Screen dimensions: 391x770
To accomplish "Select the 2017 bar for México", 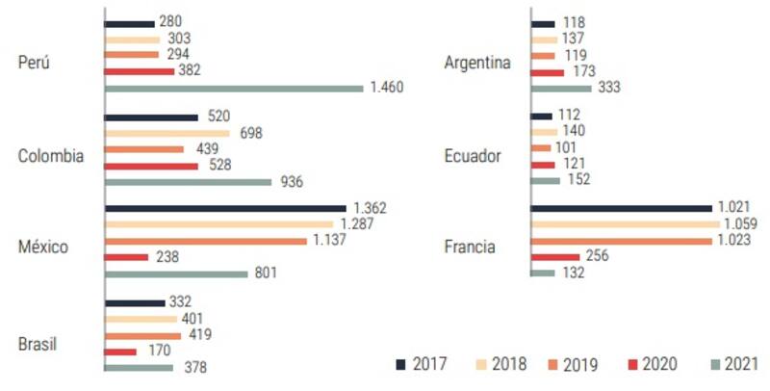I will pos(225,208).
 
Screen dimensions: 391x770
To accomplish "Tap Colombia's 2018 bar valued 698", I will pos(167,133).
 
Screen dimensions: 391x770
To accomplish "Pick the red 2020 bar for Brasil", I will pos(121,351).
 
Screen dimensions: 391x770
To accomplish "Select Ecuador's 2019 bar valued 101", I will pos(541,147).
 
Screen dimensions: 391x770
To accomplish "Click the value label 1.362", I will pos(371,208).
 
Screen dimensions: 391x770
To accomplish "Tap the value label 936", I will pos(290,181).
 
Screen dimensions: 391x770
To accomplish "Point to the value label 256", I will pos(598,256).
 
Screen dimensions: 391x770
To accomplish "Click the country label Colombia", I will pos(51,156).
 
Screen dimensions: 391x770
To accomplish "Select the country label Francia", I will pos(470,248).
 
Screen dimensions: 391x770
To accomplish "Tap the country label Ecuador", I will pos(472,156).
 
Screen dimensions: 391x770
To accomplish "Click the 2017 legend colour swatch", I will pos(400,364).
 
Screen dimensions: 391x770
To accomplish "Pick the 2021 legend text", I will pos(742,364).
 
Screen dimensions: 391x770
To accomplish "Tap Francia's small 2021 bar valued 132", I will pos(543,273).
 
